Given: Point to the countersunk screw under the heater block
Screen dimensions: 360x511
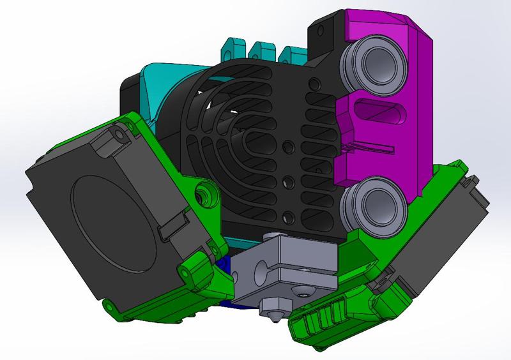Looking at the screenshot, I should (x=301, y=294).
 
